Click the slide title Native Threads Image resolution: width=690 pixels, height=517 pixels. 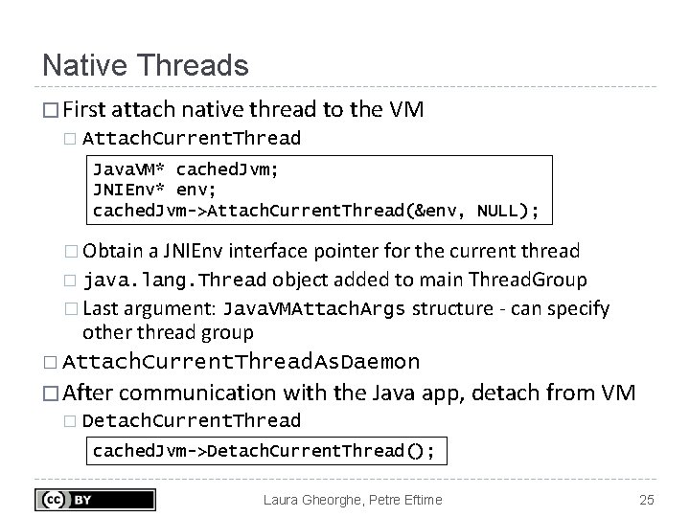145,65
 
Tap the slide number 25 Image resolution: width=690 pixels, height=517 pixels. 645,499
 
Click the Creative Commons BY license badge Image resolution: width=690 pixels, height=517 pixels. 95,499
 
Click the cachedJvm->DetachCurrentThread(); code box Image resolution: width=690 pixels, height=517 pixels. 264,451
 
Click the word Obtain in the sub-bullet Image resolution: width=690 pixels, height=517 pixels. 114,252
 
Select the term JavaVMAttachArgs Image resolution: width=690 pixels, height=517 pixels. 315,309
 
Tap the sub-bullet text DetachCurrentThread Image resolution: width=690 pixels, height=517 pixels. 192,420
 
